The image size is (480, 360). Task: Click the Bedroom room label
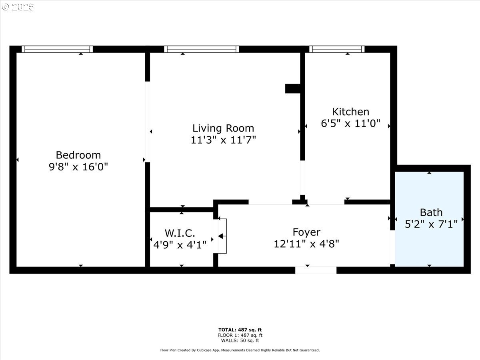[78, 155]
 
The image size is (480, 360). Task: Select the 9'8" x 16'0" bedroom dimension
[78, 167]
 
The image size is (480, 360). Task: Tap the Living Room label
[223, 128]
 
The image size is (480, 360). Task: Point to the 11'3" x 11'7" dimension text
[223, 140]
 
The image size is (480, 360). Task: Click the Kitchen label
[350, 112]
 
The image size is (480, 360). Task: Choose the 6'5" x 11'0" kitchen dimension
[350, 123]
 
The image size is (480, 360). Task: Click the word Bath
[431, 212]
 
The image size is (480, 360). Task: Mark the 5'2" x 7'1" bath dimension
[431, 224]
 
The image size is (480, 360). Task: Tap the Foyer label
[306, 232]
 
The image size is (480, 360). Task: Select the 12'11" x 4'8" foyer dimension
[306, 244]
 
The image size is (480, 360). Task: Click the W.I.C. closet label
[180, 233]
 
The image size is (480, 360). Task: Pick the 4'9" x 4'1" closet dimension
[180, 244]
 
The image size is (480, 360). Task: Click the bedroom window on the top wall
[57, 49]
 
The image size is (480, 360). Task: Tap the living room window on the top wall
[202, 49]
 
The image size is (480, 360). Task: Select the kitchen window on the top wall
[337, 49]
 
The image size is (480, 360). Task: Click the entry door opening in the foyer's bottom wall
[316, 270]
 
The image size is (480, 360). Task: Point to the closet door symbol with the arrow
[222, 236]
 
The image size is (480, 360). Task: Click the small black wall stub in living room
[293, 88]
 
